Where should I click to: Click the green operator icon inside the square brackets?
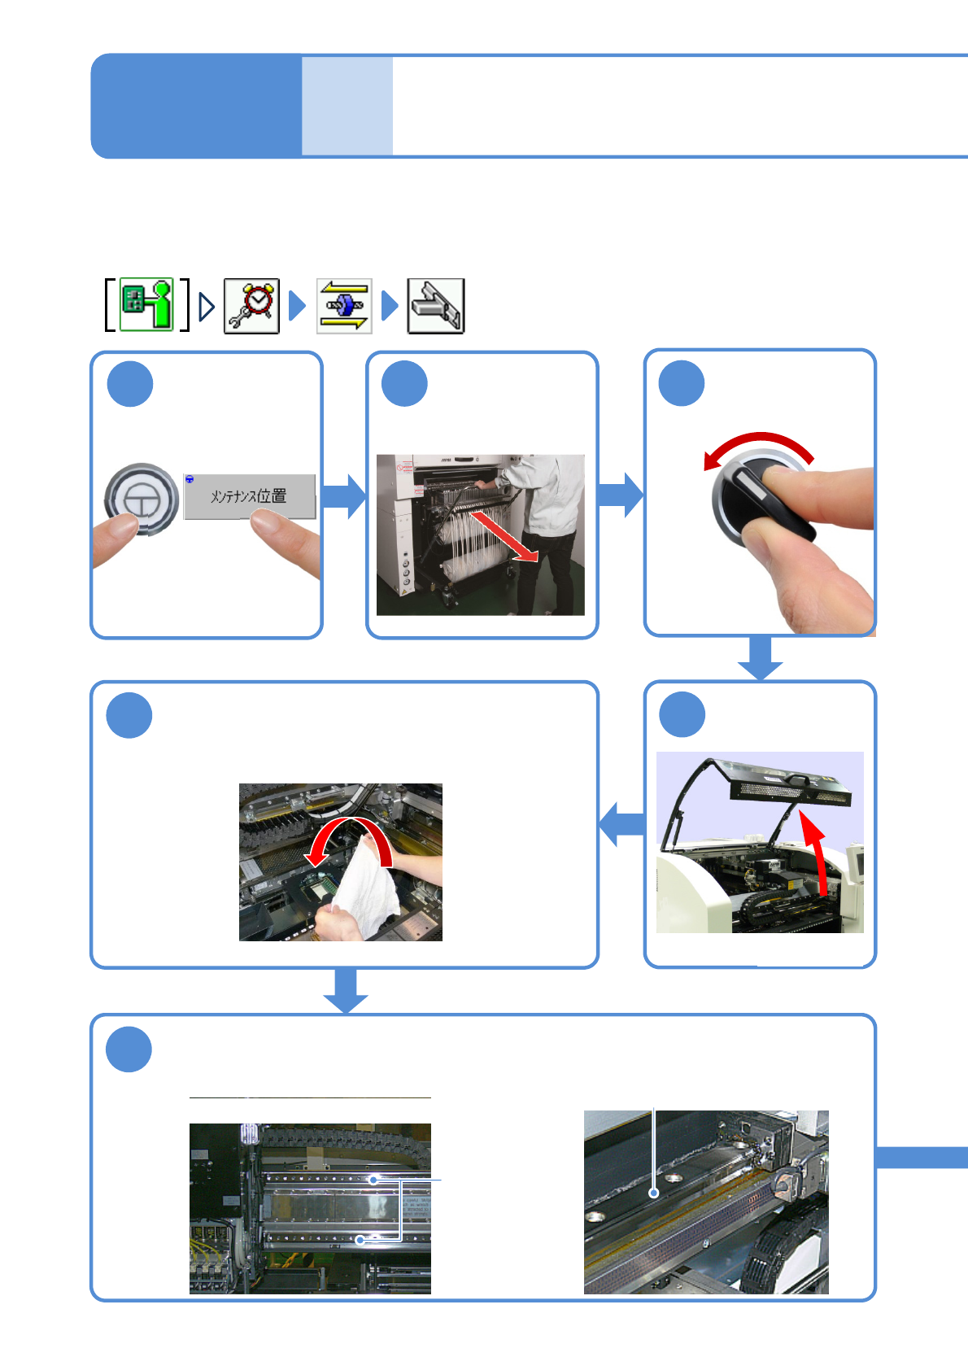[x=147, y=304]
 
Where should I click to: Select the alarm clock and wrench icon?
[x=251, y=305]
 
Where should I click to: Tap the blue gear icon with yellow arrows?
[x=344, y=305]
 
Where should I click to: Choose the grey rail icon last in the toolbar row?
[x=435, y=306]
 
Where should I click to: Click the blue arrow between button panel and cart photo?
[x=344, y=496]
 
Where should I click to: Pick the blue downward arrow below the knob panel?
[x=760, y=657]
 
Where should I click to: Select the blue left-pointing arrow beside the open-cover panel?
[x=622, y=824]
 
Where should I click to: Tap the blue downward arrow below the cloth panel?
[x=346, y=990]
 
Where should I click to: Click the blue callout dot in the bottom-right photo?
[x=653, y=1193]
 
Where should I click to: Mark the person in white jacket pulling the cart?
[x=546, y=529]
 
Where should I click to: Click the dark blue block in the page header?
[x=196, y=106]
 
